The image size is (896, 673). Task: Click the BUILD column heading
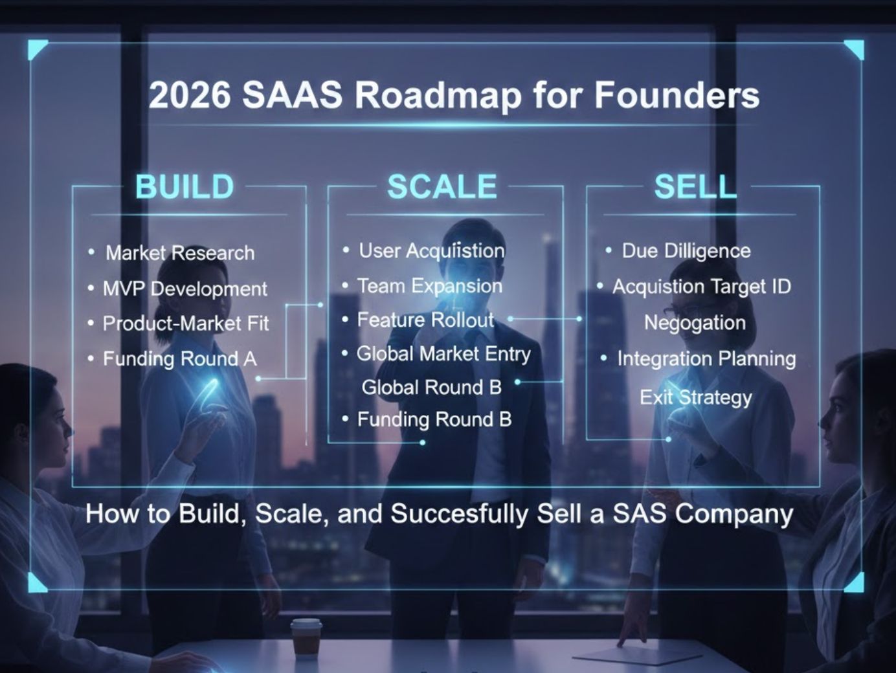click(x=185, y=187)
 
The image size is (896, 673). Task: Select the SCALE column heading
click(x=442, y=187)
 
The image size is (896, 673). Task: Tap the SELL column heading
click(x=695, y=187)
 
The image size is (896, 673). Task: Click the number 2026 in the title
click(x=189, y=95)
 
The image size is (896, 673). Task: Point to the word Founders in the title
click(x=677, y=95)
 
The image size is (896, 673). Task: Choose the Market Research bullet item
click(x=179, y=253)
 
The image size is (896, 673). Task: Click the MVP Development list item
click(x=185, y=289)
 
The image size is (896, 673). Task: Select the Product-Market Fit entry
click(x=185, y=324)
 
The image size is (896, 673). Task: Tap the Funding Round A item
click(x=179, y=359)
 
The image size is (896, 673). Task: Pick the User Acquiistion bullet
click(x=431, y=251)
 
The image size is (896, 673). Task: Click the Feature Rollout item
click(x=425, y=320)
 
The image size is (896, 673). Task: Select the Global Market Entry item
click(x=443, y=354)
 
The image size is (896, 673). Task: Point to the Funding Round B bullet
click(x=434, y=420)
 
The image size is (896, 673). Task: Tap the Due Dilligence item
click(x=686, y=251)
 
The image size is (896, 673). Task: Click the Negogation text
click(x=695, y=323)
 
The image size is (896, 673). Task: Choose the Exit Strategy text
click(x=696, y=397)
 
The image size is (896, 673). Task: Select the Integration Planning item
click(x=706, y=359)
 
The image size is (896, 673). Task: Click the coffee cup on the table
click(x=306, y=637)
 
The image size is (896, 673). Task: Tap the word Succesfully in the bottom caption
click(x=459, y=514)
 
